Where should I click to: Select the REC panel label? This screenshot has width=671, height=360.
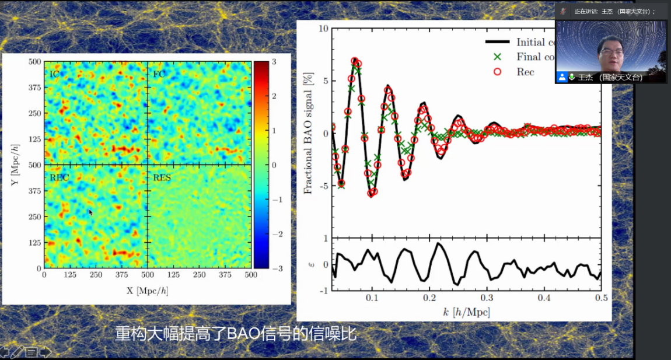(59, 177)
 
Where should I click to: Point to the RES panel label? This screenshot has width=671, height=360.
(162, 177)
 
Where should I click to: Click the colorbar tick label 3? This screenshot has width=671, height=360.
(274, 61)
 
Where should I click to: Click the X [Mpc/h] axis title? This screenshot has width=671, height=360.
(148, 290)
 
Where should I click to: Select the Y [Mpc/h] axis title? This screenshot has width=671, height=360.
(14, 165)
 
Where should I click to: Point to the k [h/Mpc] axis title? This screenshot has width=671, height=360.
(466, 312)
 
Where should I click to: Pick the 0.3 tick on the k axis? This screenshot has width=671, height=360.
(487, 298)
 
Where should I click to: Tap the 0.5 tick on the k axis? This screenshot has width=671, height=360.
(601, 298)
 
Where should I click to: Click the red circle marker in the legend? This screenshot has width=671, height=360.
(497, 72)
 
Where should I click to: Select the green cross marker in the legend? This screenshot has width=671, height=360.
(497, 57)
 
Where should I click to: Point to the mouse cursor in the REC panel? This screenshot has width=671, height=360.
(90, 212)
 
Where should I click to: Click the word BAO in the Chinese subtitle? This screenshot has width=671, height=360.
(242, 334)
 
